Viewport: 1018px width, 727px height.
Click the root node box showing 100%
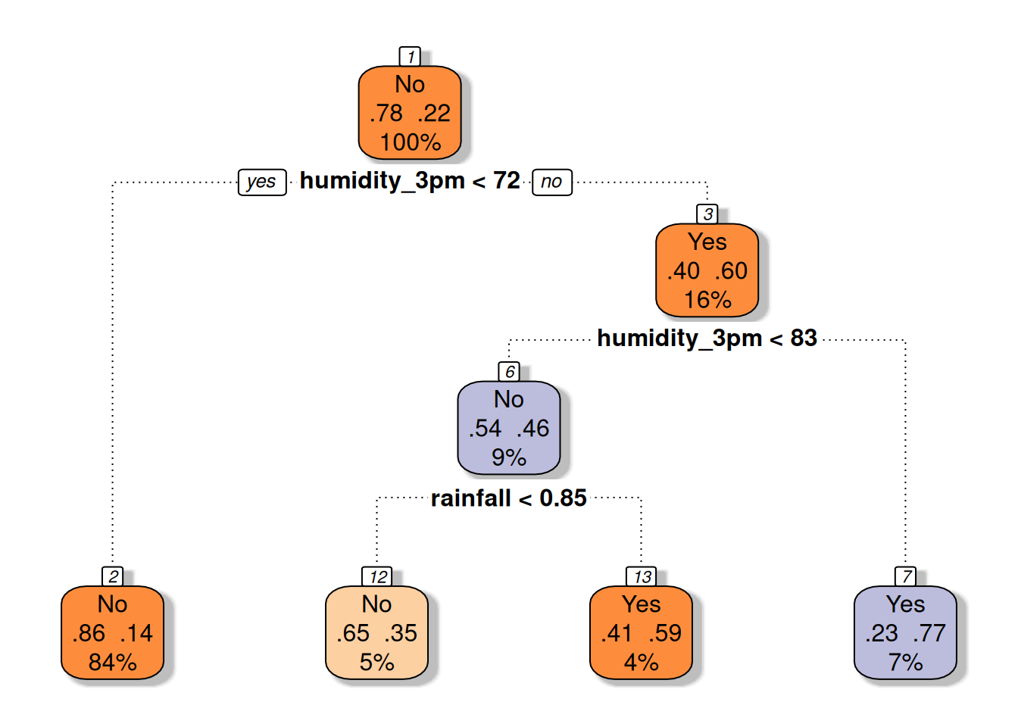410,113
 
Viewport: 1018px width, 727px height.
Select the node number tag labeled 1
410,57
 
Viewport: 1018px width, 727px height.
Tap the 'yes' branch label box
262,183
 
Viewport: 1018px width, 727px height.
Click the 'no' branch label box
552,183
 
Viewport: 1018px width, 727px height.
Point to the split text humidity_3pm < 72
410,181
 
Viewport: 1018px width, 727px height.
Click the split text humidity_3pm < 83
707,339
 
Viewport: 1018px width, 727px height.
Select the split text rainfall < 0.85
508,498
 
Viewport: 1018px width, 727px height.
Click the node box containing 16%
707,270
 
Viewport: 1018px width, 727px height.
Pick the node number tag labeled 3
707,214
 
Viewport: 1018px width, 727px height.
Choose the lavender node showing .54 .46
508,428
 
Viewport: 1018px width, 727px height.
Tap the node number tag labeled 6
508,372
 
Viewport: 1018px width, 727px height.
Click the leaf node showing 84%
112,633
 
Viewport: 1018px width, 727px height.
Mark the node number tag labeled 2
112,576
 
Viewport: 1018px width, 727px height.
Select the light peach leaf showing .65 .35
376,633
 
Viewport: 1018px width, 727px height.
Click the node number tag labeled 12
376,576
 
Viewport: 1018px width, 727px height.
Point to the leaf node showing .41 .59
641,633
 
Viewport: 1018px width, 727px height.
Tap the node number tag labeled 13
641,576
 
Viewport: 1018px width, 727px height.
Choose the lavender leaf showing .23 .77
905,633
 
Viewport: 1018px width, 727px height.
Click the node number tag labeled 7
905,576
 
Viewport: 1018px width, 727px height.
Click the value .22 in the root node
434,113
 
